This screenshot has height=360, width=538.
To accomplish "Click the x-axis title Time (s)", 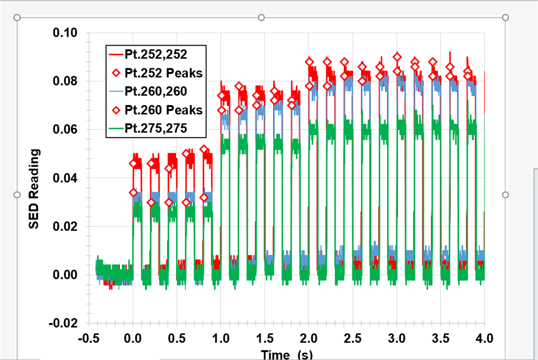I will pos(286,355).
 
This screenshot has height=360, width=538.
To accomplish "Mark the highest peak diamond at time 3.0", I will pos(397,57).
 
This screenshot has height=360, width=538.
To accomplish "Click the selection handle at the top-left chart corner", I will pos(17,17).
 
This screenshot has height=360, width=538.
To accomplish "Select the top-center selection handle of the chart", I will pos(261,17).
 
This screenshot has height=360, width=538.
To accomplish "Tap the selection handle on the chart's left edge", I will pos(17,194).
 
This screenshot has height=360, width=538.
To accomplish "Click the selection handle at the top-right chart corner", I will pos(505,17).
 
